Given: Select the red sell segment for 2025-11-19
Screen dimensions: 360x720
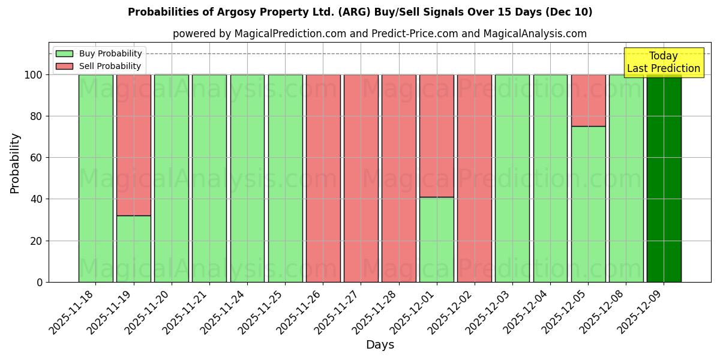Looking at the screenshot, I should [133, 145].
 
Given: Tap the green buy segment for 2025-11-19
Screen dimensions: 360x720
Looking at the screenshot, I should [133, 248].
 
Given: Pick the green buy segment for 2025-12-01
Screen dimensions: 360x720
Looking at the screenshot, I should [437, 239].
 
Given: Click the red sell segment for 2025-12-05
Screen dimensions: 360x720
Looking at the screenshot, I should [588, 100].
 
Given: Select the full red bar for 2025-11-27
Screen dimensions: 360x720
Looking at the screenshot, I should [361, 178].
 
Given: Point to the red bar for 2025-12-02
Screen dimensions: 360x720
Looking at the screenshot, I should [475, 178].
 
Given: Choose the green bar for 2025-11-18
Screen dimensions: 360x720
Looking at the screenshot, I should [95, 178].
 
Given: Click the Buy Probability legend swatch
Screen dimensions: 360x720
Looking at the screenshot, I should [64, 54].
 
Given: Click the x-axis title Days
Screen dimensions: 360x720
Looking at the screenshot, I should [380, 345].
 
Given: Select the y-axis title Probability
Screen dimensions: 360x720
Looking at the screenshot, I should [15, 163].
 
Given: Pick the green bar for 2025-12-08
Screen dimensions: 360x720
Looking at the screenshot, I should [626, 178].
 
